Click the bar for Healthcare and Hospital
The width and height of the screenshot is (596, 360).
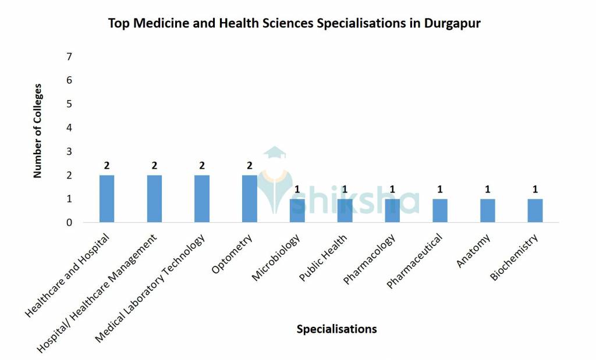[107, 198]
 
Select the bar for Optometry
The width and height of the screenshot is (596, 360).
[250, 198]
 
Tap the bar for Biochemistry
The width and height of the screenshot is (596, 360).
[535, 211]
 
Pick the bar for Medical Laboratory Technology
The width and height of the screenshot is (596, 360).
[202, 198]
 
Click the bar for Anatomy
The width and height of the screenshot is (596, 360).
[487, 211]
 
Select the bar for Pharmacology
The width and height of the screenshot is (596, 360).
[392, 211]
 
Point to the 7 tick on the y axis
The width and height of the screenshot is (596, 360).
[69, 56]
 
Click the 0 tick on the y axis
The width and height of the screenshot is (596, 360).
[69, 223]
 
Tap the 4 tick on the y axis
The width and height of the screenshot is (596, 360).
[69, 127]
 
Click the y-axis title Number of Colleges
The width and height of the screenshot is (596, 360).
[38, 131]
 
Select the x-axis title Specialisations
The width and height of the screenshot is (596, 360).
[336, 329]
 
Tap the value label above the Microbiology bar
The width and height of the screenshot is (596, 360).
[297, 189]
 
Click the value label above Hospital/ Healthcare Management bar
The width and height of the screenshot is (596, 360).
[154, 166]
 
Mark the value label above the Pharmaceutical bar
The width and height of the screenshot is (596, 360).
[440, 189]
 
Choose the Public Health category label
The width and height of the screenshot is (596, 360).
[324, 257]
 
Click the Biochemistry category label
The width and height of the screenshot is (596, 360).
[516, 256]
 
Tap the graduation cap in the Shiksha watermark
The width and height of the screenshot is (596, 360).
[274, 153]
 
